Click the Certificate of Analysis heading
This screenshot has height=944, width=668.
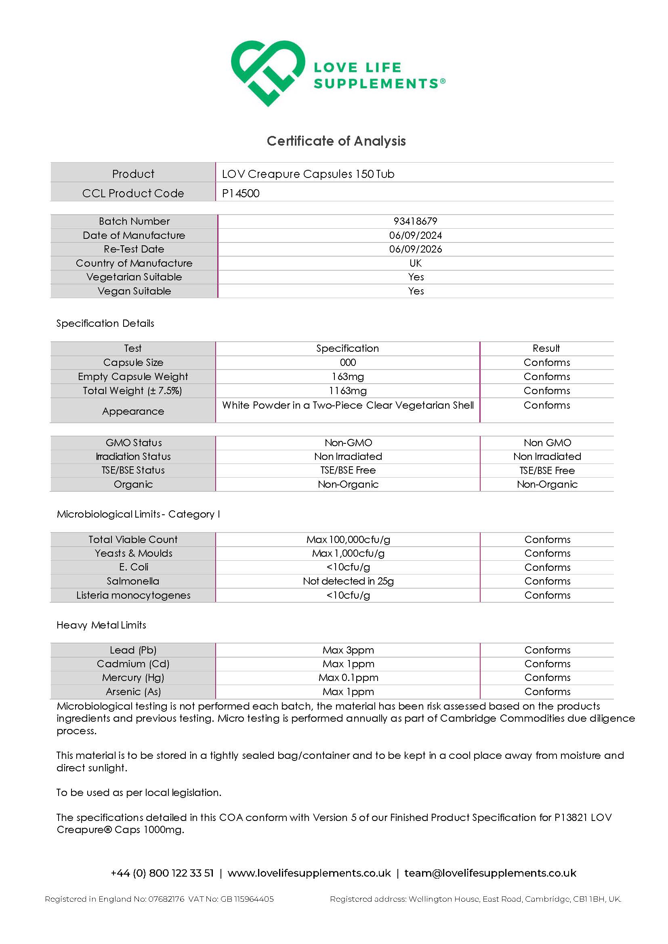336,141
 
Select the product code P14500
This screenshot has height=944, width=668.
241,193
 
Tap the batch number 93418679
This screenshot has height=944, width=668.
415,221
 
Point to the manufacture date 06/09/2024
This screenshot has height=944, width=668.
415,235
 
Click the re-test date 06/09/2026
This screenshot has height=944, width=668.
415,249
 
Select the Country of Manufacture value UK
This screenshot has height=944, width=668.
415,263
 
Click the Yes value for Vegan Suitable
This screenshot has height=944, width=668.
416,291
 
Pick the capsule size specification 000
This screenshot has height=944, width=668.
348,362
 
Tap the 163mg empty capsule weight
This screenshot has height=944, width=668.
348,377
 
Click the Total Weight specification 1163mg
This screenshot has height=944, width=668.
348,391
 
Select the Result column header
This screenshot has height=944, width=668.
546,348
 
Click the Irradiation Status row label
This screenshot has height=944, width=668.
133,456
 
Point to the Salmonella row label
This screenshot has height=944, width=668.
133,581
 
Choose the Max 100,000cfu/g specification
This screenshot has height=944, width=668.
348,539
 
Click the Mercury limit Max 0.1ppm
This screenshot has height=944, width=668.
348,678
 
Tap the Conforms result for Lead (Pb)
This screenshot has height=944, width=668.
547,650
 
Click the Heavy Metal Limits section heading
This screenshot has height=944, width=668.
101,625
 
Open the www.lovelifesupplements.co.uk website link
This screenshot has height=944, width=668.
309,873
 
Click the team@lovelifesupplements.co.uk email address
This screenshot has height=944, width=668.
490,873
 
